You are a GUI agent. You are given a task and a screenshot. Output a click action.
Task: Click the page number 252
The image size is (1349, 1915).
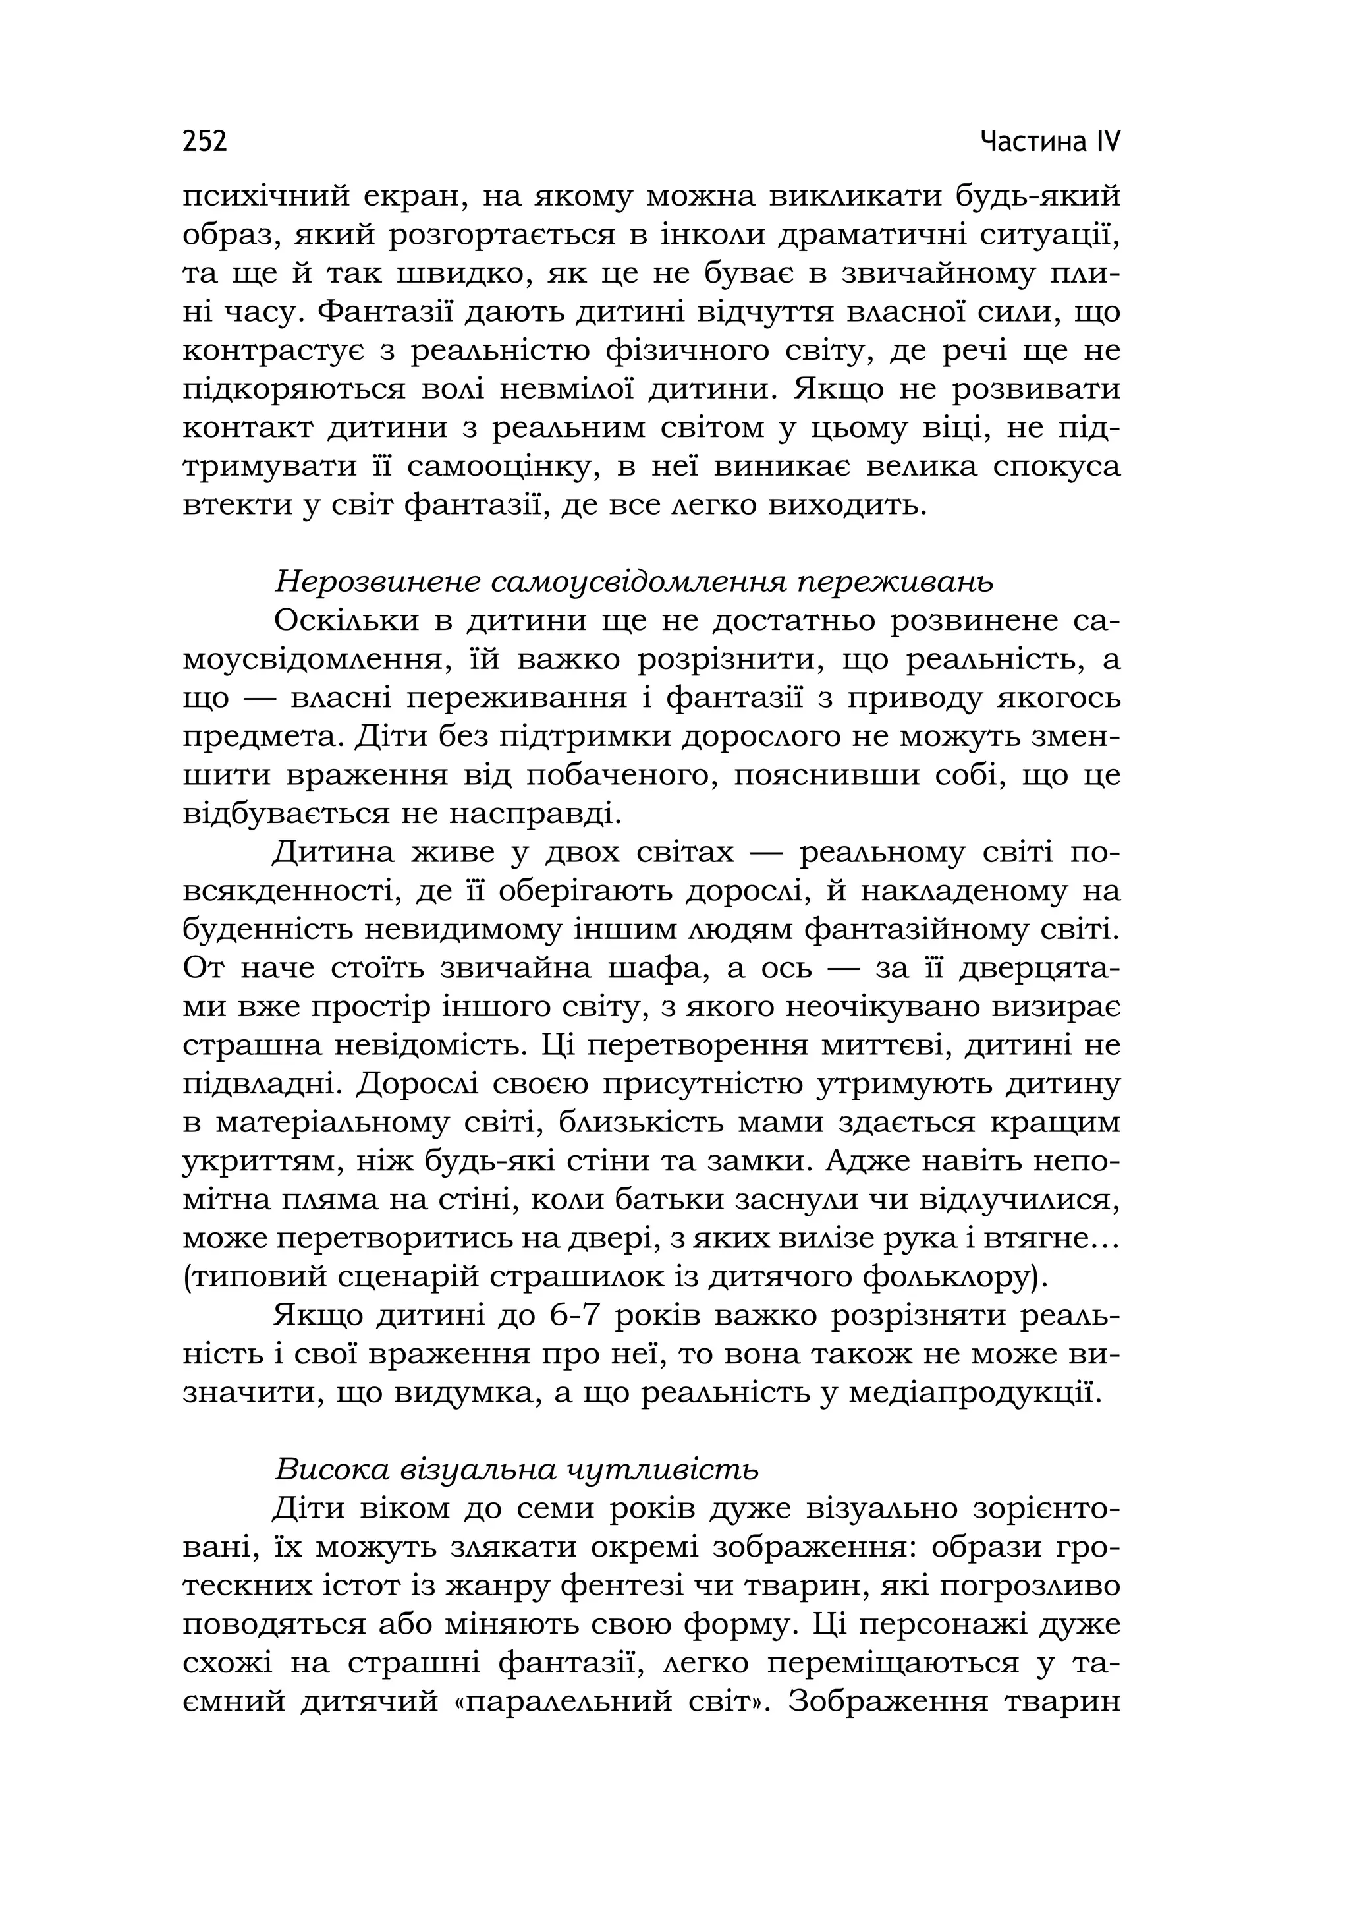204,141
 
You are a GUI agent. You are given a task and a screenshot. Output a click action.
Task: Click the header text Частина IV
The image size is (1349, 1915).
1051,141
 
